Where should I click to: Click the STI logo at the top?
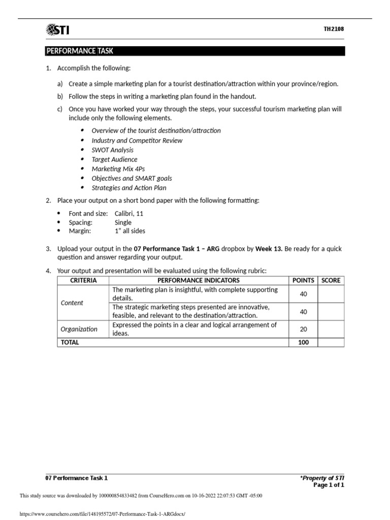click(x=58, y=30)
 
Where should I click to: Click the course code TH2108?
click(x=334, y=29)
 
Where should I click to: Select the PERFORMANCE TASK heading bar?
click(x=196, y=51)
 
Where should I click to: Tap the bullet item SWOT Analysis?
click(x=112, y=150)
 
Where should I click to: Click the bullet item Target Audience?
click(x=114, y=159)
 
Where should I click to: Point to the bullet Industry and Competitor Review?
click(x=137, y=140)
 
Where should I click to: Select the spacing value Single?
click(x=123, y=222)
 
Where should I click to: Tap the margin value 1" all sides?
click(x=130, y=231)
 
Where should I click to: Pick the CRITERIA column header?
click(x=83, y=280)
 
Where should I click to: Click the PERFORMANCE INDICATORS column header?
click(x=199, y=280)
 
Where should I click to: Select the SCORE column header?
click(x=331, y=280)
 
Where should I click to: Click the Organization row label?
click(x=79, y=329)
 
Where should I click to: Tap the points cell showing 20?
click(x=303, y=329)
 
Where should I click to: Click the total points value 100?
click(x=303, y=342)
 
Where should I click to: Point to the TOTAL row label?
click(x=70, y=342)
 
